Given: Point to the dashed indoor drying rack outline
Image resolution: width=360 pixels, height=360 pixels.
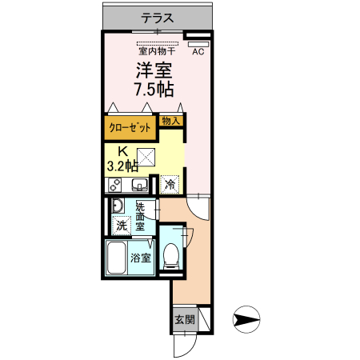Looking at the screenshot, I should (x=158, y=43).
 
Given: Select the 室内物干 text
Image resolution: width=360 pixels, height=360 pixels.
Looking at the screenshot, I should (x=158, y=53).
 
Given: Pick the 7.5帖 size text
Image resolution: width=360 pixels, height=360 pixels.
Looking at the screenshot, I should (x=154, y=87).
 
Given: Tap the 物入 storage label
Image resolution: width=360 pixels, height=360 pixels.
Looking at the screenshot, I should (x=170, y=121).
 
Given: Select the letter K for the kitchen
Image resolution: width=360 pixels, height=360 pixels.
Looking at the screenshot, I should (x=123, y=151).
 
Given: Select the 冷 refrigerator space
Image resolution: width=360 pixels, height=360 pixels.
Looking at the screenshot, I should (x=170, y=185).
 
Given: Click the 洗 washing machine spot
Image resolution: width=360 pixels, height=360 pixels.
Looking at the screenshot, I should (x=122, y=226).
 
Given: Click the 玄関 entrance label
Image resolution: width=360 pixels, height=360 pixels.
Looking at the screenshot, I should (x=184, y=319).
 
